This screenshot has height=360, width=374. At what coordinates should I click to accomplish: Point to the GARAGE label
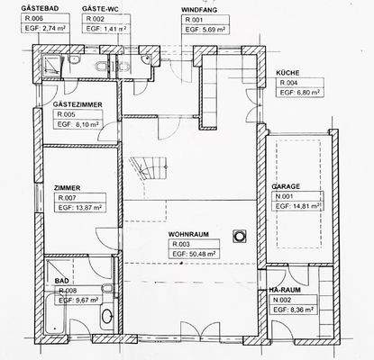click(x=286, y=186)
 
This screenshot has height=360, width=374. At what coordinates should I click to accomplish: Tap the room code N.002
click(x=281, y=300)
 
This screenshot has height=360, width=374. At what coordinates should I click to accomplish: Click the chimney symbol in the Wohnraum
click(x=240, y=236)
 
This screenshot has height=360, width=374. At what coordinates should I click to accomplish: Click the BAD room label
click(x=62, y=280)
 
